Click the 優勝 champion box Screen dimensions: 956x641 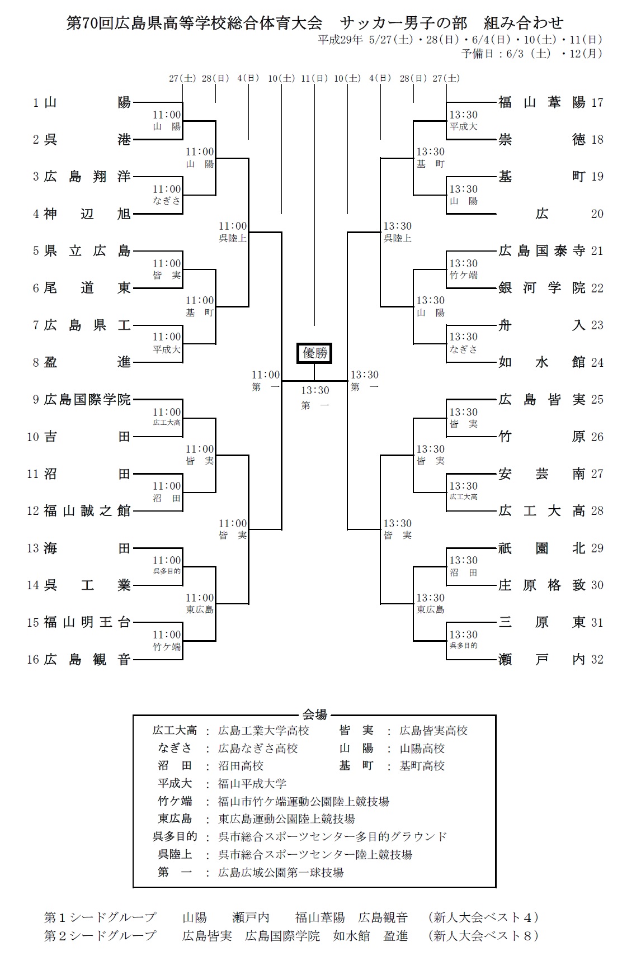point(314,353)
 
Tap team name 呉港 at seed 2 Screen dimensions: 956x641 point(87,140)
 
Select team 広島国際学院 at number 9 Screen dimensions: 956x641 point(87,399)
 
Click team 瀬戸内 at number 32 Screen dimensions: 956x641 point(541,660)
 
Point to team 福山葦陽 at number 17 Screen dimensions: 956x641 point(541,102)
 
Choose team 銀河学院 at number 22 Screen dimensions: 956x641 point(541,288)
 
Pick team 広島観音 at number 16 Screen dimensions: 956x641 point(87,660)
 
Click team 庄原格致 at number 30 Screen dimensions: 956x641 point(541,585)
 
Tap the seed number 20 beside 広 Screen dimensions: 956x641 point(597,214)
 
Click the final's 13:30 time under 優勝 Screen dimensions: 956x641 point(315,390)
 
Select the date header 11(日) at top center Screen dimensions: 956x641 point(314,79)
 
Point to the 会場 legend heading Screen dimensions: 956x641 point(314,714)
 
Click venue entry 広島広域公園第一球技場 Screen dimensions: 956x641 point(280,873)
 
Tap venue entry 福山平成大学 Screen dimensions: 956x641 point(252,784)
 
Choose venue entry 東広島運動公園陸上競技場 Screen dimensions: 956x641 point(286,819)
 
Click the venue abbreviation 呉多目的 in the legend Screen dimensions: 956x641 point(175,836)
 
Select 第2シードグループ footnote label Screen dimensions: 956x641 point(100,935)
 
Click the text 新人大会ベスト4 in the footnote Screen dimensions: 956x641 point(482,917)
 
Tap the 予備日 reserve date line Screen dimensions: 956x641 point(531,54)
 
